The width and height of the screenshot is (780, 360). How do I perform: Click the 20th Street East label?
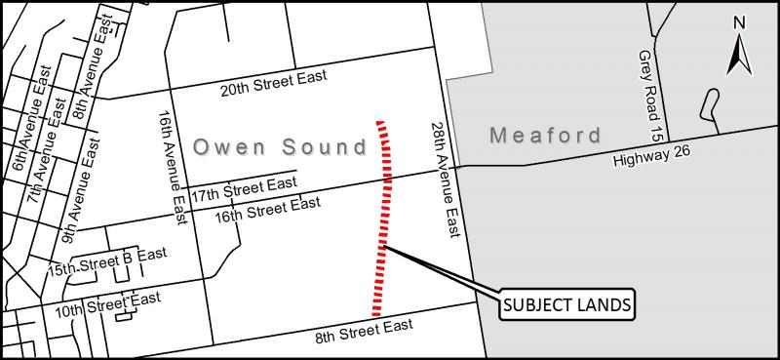(x=272, y=85)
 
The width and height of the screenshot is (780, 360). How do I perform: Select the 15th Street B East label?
(x=107, y=260)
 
